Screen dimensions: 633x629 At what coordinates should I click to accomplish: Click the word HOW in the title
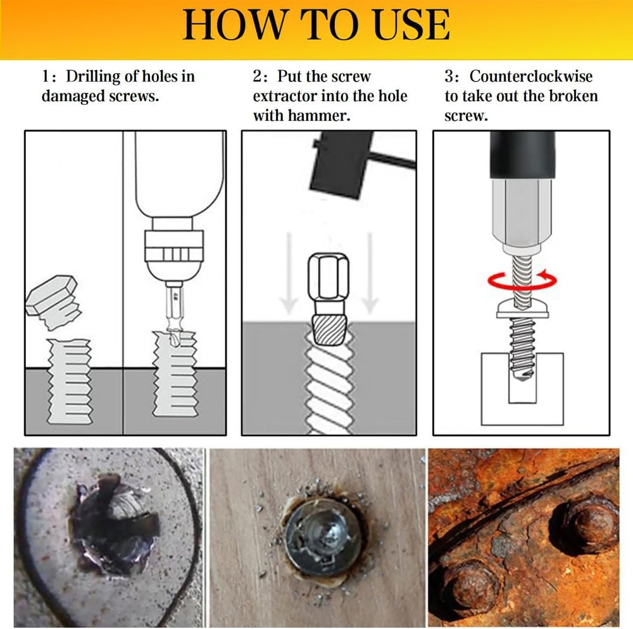click(x=235, y=25)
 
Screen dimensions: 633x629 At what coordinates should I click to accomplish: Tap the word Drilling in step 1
click(x=93, y=76)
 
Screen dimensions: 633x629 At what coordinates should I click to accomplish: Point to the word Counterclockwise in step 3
click(x=531, y=76)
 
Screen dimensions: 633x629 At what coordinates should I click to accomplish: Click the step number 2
click(x=258, y=76)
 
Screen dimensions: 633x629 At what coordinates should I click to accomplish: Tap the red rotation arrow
click(x=522, y=280)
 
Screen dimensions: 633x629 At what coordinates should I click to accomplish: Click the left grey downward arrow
click(x=289, y=273)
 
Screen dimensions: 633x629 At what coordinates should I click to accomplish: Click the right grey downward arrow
click(x=370, y=273)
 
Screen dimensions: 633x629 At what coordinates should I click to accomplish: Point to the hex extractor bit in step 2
click(x=329, y=299)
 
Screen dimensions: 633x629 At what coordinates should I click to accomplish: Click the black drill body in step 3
click(x=522, y=156)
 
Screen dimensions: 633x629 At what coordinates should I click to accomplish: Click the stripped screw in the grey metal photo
click(x=114, y=524)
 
